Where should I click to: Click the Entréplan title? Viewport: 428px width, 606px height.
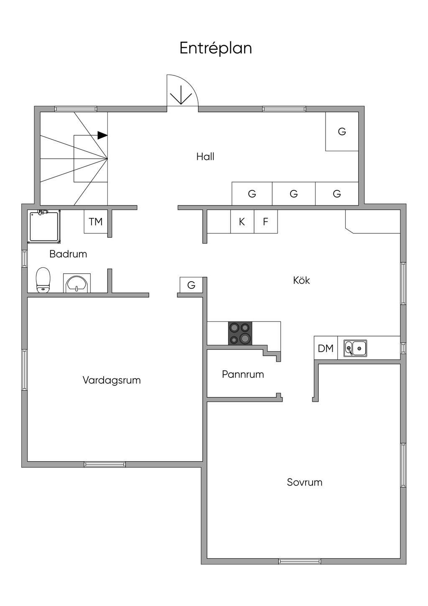(x=216, y=48)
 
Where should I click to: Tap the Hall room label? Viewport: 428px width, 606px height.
(x=205, y=157)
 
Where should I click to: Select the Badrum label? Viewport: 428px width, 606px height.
(x=68, y=254)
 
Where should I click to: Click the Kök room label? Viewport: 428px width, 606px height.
(x=301, y=280)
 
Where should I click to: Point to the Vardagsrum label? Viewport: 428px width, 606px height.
(x=112, y=380)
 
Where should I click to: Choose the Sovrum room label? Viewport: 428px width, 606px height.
(x=304, y=482)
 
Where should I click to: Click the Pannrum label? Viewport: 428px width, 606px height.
(x=243, y=374)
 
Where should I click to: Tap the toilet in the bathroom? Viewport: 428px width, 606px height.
(x=43, y=280)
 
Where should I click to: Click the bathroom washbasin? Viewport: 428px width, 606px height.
(x=77, y=283)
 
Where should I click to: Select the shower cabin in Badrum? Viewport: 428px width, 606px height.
(x=44, y=226)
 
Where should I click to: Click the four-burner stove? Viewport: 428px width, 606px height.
(x=240, y=333)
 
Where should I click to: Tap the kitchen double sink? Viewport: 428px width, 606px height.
(x=355, y=348)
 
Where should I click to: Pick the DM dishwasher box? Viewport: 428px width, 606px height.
(x=326, y=348)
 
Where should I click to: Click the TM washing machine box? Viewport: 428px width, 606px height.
(x=96, y=221)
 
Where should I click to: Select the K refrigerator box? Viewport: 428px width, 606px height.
(x=242, y=222)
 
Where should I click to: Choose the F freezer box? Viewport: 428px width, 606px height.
(x=265, y=222)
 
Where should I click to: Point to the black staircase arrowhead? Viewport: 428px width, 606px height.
(x=102, y=135)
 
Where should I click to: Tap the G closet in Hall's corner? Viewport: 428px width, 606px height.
(x=342, y=131)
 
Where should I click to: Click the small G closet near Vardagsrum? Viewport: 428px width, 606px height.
(x=191, y=285)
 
